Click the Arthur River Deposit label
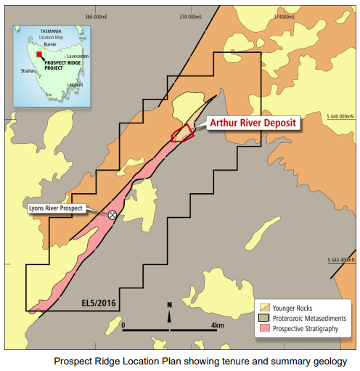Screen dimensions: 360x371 (253, 123)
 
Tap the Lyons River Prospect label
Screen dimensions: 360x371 (56, 208)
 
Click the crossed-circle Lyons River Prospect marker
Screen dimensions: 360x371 (112, 214)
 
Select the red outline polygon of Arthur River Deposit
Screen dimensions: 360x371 (181, 133)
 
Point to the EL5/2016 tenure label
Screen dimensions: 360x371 (98, 300)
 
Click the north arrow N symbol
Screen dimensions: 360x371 (169, 305)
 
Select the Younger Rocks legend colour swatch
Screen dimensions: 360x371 (266, 307)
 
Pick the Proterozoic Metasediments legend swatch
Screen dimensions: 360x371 (266, 317)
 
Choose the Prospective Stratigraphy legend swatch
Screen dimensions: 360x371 (266, 328)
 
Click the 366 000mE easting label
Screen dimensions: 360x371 (99, 17)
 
